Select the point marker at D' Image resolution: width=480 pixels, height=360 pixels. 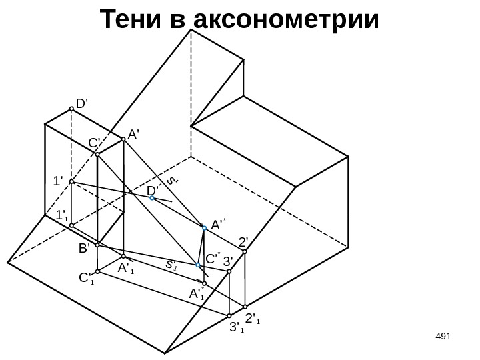point(71,111)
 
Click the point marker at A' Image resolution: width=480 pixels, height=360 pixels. point(123,139)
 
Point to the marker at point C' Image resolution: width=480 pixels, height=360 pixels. point(97,155)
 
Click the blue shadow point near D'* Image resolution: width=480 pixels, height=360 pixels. point(152,198)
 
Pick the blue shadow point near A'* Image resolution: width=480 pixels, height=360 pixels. point(205,227)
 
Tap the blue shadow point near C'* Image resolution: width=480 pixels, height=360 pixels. point(198,265)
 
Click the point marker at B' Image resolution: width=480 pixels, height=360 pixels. point(97,245)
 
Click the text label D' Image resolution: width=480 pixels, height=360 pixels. point(83,104)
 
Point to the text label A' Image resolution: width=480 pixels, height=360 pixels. point(133,134)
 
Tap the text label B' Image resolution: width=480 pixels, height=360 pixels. point(84,249)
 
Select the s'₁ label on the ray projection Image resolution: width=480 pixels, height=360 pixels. point(171,265)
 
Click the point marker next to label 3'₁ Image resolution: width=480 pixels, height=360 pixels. point(229,315)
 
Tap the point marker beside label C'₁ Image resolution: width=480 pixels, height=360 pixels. point(97,272)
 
